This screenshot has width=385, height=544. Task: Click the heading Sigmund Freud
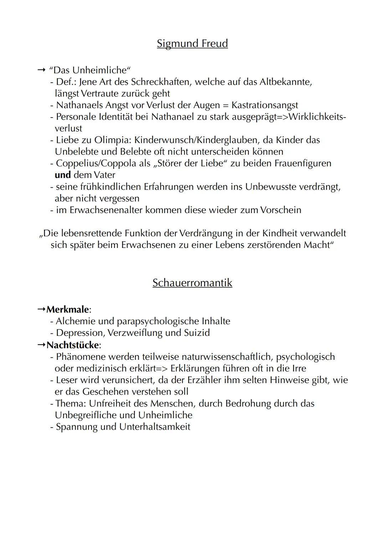pyautogui.click(x=192, y=43)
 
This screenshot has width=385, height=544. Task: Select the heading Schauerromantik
pyautogui.click(x=192, y=283)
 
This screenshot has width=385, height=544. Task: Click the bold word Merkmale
pyautogui.click(x=67, y=309)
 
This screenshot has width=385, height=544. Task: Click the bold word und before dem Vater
pyautogui.click(x=63, y=175)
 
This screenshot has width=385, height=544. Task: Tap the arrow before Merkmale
pyautogui.click(x=41, y=309)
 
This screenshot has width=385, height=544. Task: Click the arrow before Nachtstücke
pyautogui.click(x=41, y=345)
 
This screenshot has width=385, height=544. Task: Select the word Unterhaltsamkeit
pyautogui.click(x=155, y=427)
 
